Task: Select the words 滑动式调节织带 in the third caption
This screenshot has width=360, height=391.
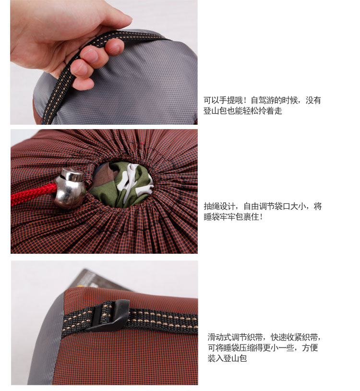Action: (x=235, y=337)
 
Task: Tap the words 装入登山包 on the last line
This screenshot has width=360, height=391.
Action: (x=227, y=358)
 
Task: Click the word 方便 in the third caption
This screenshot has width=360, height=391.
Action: (x=310, y=348)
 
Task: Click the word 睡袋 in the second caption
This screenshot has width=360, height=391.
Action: (x=212, y=217)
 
